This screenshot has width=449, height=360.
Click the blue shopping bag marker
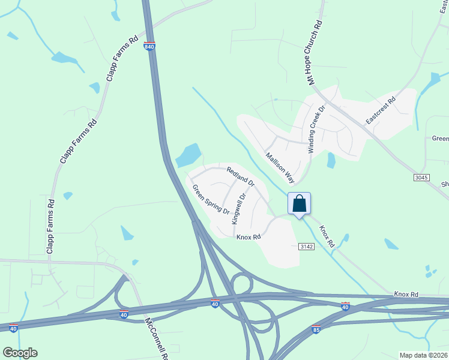click(x=300, y=205)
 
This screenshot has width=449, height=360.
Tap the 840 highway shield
click(x=149, y=46)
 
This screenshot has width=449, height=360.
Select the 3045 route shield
click(x=422, y=178)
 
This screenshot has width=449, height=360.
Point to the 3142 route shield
click(x=307, y=247)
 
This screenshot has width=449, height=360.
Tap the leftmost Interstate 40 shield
click(x=13, y=328)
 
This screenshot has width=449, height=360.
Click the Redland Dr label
click(x=241, y=176)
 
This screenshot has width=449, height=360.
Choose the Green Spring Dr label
click(x=211, y=199)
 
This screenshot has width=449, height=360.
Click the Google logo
click(x=20, y=352)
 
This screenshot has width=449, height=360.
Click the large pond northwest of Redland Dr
click(x=188, y=155)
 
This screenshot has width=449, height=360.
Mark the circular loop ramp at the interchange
click(x=241, y=283)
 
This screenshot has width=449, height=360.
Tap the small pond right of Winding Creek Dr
click(x=331, y=161)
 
